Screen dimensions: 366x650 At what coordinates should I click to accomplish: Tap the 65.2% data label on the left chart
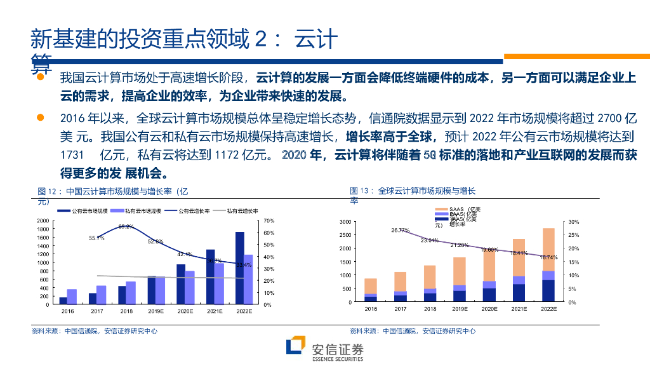(126, 227)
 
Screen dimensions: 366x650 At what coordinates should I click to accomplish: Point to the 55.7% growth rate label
(96, 238)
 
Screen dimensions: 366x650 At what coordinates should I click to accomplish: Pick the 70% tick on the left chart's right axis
(268, 221)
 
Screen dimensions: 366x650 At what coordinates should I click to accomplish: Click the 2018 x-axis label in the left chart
(126, 311)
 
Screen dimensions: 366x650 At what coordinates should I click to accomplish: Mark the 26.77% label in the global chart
(401, 230)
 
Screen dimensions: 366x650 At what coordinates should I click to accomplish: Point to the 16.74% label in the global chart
(548, 257)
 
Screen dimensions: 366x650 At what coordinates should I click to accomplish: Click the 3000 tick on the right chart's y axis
(345, 221)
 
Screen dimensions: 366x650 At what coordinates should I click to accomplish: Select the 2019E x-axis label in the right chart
(460, 309)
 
